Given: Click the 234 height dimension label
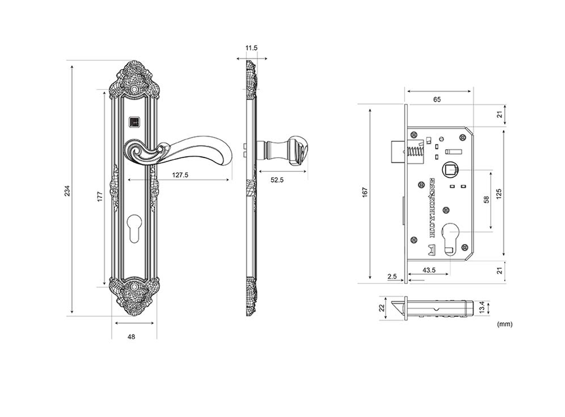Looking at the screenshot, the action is click(68, 190).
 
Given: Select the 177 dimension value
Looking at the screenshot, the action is click(100, 197).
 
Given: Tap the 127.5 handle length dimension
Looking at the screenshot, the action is click(180, 175).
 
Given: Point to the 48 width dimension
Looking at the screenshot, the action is click(131, 336).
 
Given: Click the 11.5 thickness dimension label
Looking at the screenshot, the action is click(251, 47).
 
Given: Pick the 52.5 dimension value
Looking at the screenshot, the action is click(277, 180).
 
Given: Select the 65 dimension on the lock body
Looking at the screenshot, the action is click(437, 99).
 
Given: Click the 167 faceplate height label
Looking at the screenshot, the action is click(365, 192).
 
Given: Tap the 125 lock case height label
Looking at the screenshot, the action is click(499, 194).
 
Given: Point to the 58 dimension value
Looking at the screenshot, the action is click(486, 199).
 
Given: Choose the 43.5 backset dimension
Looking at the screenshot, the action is click(429, 270).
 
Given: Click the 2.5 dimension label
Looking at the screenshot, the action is click(392, 276).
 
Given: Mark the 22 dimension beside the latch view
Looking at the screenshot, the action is click(382, 308).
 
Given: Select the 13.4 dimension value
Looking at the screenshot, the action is click(482, 308).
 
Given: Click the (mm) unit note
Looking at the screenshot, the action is click(505, 324).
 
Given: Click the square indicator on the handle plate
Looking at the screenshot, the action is click(134, 122).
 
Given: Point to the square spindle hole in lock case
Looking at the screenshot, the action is click(450, 169).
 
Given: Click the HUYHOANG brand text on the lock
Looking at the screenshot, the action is click(433, 208).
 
